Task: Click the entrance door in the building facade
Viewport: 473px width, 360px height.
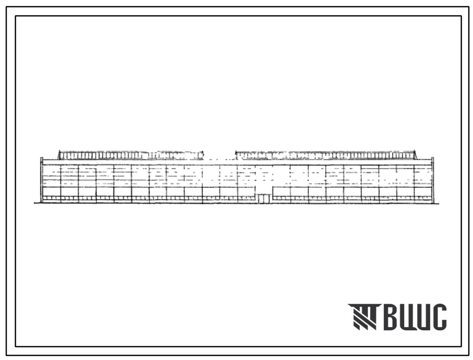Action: (264, 199)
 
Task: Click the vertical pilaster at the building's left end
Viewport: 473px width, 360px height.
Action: (42, 180)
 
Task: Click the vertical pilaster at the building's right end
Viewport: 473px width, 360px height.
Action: (433, 180)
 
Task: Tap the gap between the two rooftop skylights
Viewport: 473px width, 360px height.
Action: (219, 155)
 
